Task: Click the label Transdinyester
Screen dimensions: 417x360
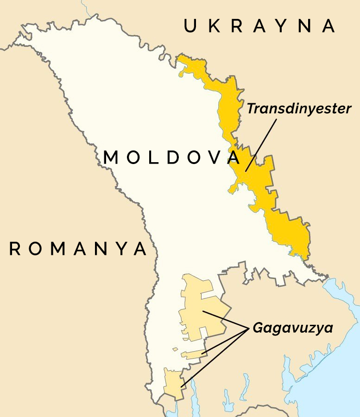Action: (x=299, y=109)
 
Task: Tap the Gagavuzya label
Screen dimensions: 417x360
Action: (x=293, y=329)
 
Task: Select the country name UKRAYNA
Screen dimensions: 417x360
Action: (x=259, y=26)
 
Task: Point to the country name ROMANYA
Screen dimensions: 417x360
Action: (x=78, y=249)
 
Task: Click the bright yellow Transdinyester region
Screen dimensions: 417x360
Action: (x=287, y=232)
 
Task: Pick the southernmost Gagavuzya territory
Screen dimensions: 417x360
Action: (x=172, y=384)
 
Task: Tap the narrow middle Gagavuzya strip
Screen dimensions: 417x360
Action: (x=192, y=355)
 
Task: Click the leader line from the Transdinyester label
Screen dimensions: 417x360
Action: (x=262, y=144)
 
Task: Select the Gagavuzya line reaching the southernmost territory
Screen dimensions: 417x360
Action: (x=213, y=357)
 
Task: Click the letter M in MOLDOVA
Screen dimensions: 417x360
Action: (x=112, y=158)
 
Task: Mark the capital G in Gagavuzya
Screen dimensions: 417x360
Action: (x=257, y=329)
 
